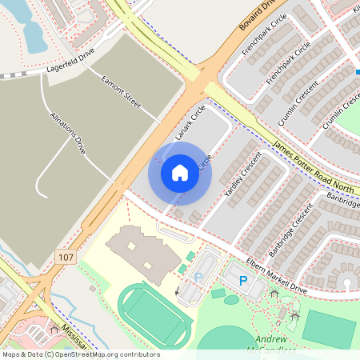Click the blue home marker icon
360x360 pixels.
[x=180, y=172]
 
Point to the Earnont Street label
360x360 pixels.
[x=121, y=93]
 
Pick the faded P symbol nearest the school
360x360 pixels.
[x=198, y=277]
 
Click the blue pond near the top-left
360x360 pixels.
[x=36, y=32]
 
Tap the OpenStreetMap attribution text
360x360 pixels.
[x=70, y=354]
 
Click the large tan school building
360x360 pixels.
[x=141, y=248]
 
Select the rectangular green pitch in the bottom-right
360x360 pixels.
[x=329, y=326]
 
